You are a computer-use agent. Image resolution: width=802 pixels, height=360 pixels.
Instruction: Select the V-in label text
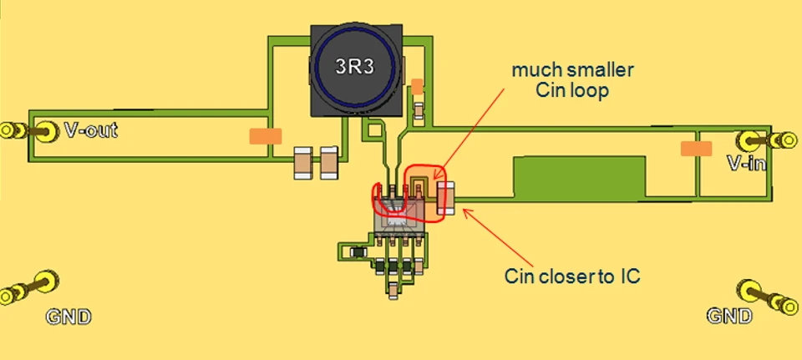pyautogui.click(x=745, y=164)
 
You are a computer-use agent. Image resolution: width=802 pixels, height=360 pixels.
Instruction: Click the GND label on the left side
pyautogui.click(x=68, y=317)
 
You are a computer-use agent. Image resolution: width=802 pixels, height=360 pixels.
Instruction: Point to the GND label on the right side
pyautogui.click(x=729, y=317)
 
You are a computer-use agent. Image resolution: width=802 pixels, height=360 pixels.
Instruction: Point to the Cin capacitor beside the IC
pyautogui.click(x=444, y=198)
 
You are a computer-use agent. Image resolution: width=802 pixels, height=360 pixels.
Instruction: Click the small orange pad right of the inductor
pyautogui.click(x=418, y=86)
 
